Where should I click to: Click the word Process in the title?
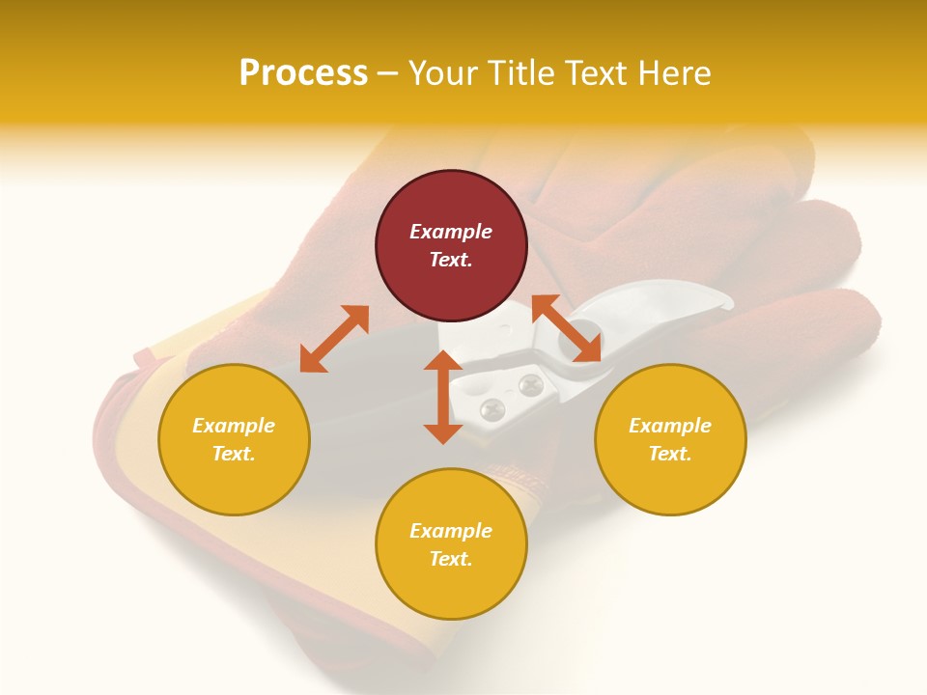[x=303, y=73]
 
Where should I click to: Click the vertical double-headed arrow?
[x=443, y=397]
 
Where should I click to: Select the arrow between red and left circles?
[x=334, y=339]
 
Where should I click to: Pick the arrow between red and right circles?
[x=567, y=328]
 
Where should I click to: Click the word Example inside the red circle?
[x=451, y=232]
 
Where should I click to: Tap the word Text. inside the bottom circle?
[x=451, y=559]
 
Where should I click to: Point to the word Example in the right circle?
[x=670, y=426]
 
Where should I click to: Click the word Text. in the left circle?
[x=234, y=454]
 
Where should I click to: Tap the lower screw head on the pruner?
[x=492, y=407]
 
